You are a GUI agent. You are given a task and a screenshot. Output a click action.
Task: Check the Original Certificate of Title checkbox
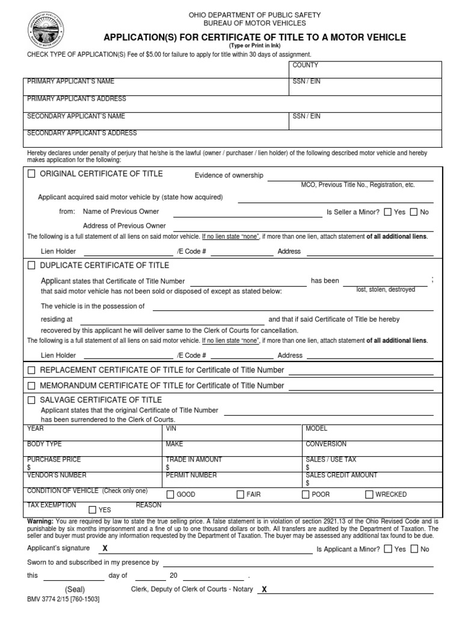31,174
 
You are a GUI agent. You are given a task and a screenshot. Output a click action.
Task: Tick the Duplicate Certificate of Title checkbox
31,265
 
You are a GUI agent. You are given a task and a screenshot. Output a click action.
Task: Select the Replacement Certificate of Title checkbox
31,370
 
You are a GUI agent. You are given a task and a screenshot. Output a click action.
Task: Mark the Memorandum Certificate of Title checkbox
31,385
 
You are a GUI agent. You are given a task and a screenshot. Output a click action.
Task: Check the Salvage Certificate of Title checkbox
31,399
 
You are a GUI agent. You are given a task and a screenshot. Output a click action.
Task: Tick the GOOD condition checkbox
170,495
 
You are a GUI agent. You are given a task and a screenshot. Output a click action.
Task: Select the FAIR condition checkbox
239,495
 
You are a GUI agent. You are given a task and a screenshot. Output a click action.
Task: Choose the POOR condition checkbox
305,495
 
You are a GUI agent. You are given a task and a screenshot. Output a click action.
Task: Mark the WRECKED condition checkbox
369,495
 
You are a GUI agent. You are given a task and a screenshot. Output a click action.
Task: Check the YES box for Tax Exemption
93,509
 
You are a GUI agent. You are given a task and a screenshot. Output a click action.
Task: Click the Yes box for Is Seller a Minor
387,212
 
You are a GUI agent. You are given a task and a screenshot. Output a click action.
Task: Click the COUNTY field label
305,65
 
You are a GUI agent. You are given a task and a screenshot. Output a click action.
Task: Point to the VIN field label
171,428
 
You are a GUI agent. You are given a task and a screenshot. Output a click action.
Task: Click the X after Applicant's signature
105,548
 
